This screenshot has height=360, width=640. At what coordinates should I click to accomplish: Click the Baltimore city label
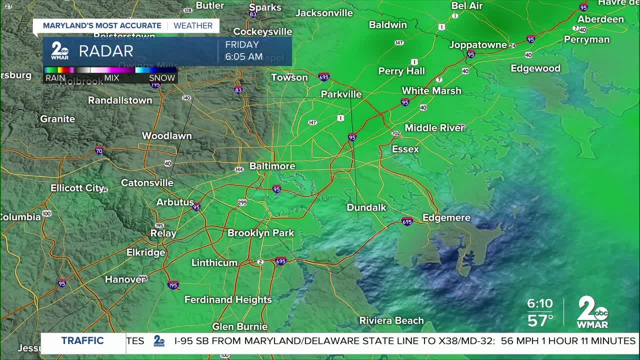(x=272, y=166)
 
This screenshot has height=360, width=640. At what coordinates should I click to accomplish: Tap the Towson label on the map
(x=289, y=77)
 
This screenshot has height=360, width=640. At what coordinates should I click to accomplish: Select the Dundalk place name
(x=366, y=207)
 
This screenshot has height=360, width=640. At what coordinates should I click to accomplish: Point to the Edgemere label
(x=446, y=217)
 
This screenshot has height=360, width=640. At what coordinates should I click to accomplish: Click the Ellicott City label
(x=77, y=188)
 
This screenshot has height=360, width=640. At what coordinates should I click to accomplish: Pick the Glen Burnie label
(x=240, y=326)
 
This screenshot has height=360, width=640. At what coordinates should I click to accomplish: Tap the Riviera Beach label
(x=391, y=320)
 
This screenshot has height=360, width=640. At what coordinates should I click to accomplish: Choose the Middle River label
(x=434, y=127)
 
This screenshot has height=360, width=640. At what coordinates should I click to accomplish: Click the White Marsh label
(x=431, y=90)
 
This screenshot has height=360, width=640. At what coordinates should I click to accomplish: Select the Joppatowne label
(x=478, y=44)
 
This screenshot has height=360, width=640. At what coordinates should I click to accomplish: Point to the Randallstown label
(x=120, y=100)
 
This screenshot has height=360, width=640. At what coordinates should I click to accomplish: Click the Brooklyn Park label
(x=261, y=232)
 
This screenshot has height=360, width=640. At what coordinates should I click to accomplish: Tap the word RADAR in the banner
(x=106, y=51)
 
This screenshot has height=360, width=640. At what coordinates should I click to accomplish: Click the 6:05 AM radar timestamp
(x=243, y=57)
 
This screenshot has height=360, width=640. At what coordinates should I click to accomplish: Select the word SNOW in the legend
(x=162, y=78)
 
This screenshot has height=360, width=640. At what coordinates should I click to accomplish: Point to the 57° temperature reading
(x=540, y=320)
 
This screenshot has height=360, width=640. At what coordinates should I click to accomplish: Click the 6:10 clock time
(x=540, y=303)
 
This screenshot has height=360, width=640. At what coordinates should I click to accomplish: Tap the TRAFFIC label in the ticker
(x=82, y=341)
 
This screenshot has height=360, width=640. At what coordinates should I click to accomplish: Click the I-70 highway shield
(x=99, y=150)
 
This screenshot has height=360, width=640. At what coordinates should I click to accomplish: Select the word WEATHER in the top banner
(x=193, y=25)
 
